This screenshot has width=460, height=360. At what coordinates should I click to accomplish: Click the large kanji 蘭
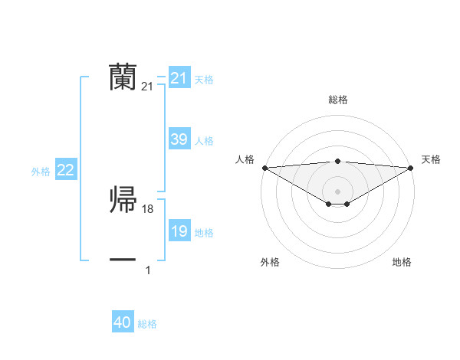123,77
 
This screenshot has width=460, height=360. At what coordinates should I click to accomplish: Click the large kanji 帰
123,200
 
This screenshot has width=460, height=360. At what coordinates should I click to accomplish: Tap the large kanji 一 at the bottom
123,260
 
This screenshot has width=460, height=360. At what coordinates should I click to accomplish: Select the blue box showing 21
179,78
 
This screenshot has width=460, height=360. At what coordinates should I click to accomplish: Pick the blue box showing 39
179,139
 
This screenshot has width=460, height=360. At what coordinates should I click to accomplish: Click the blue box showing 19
179,231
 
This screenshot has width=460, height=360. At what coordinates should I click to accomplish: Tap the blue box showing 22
65,170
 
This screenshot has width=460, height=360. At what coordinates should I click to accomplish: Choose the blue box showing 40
123,322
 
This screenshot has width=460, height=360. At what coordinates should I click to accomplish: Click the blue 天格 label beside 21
204,80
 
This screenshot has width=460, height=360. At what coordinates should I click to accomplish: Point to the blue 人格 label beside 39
204,141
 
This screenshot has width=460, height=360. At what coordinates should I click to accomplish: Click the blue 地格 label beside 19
204,233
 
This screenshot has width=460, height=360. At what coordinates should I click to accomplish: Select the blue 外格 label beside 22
41,172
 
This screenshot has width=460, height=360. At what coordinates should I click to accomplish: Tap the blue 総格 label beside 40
147,324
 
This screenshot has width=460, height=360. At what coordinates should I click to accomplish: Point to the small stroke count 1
148,270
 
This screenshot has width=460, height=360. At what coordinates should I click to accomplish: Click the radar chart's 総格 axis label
337,100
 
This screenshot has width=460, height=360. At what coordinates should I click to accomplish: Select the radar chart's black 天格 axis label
431,159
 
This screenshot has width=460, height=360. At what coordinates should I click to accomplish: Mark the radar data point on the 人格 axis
264,167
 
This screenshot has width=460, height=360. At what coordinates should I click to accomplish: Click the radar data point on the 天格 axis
411,167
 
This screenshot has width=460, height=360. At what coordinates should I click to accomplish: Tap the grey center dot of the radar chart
337,191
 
